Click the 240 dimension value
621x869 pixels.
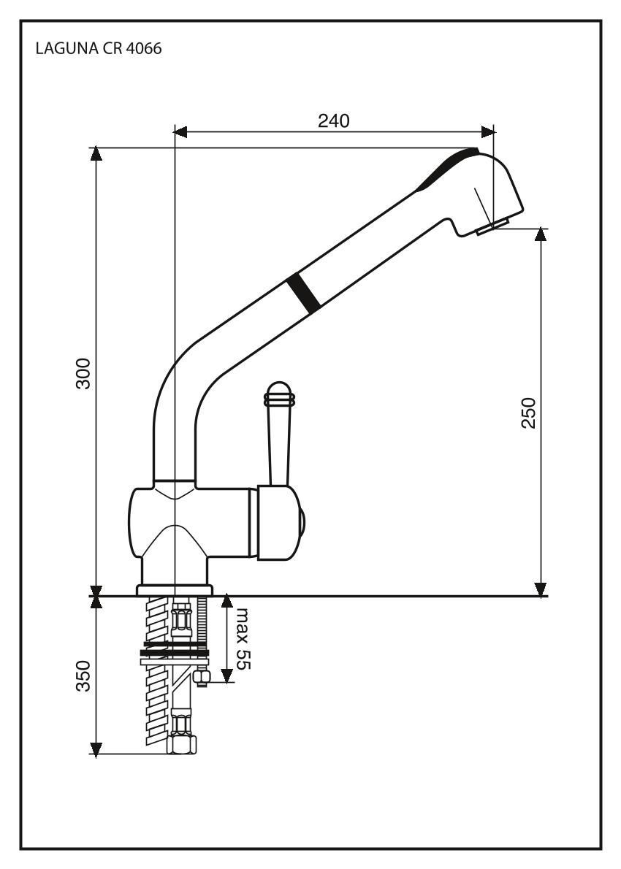[334, 120]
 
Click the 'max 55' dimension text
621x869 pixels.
[240, 639]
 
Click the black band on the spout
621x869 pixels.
[302, 294]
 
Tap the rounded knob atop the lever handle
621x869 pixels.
[280, 394]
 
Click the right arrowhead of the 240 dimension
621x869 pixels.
[487, 132]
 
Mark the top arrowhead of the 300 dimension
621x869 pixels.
[95, 154]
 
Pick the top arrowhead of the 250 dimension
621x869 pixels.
[540, 234]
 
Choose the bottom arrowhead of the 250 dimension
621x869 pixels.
[540, 589]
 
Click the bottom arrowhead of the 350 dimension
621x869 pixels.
[95, 748]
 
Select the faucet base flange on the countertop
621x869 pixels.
[174, 589]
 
